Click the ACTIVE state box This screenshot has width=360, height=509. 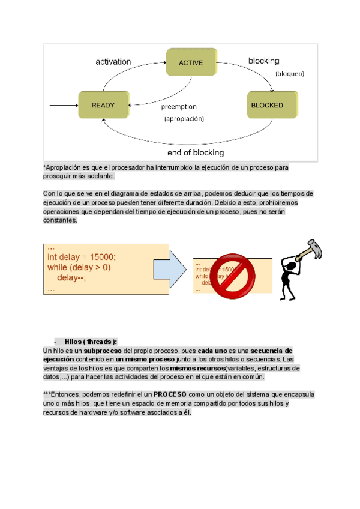(191, 62)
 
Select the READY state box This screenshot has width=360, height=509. (103, 105)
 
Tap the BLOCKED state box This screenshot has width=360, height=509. (267, 105)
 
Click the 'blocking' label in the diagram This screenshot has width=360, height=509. (263, 61)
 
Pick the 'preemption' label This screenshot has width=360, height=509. (178, 107)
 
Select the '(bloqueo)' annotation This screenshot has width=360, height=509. (290, 74)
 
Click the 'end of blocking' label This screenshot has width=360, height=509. (196, 152)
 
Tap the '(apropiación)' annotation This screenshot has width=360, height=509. (184, 119)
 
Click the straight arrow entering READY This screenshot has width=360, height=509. (63, 106)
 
